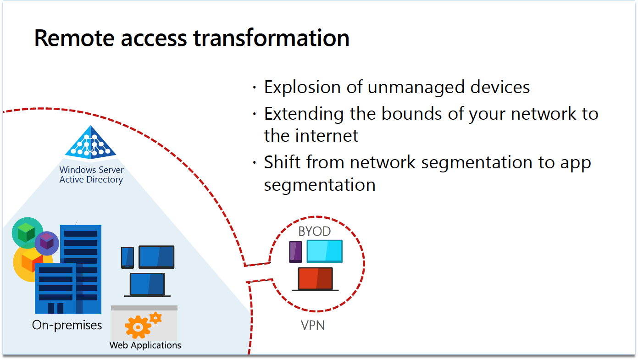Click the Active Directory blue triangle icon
91,142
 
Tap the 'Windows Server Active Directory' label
91,175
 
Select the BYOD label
314,232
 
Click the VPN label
313,326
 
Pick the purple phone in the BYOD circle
295,252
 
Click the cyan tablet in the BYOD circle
324,251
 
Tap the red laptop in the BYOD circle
316,279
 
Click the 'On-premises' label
67,325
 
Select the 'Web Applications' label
145,345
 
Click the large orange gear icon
138,327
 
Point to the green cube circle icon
27,231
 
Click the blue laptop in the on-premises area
147,285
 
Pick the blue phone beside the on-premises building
128,257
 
